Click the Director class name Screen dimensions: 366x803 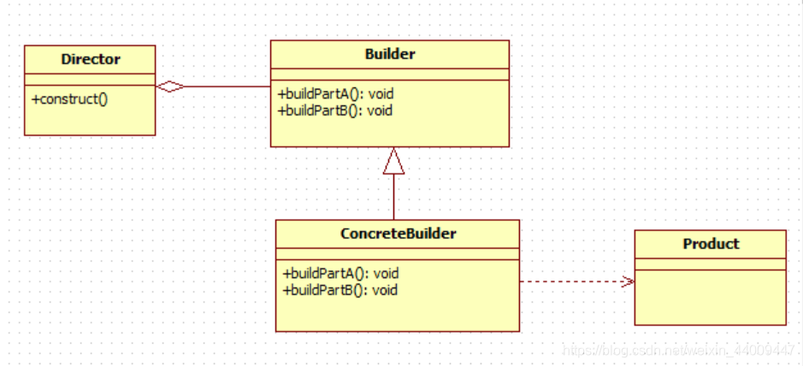(x=91, y=59)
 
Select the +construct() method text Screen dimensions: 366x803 (x=70, y=98)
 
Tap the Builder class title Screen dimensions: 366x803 (x=390, y=54)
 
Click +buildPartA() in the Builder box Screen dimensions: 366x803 (x=335, y=94)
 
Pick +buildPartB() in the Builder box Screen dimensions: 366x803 (x=335, y=109)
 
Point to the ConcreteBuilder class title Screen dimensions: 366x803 (x=398, y=233)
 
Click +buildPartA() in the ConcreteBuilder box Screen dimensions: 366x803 (x=340, y=274)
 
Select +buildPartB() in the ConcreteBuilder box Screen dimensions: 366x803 (x=340, y=290)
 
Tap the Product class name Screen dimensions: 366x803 (x=711, y=244)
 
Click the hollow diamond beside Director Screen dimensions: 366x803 (x=170, y=86)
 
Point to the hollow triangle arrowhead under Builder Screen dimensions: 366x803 (x=393, y=162)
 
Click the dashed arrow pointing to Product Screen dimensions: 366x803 (x=573, y=281)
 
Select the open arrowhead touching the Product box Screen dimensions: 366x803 (x=629, y=281)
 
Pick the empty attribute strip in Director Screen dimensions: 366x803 (x=90, y=80)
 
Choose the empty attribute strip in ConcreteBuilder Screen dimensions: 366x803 (x=398, y=254)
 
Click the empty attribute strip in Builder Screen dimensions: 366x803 (x=390, y=74)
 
